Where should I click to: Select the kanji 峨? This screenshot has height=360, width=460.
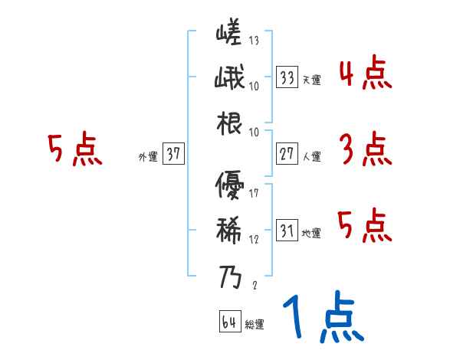click(x=229, y=78)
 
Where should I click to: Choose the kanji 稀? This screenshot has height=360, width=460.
click(x=229, y=229)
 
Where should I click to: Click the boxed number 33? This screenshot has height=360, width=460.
click(x=287, y=77)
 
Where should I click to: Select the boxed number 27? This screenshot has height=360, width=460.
click(x=287, y=154)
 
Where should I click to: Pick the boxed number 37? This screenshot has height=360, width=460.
click(x=173, y=154)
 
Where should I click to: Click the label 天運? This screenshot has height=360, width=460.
click(x=311, y=80)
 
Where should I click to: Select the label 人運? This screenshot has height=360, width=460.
click(x=311, y=156)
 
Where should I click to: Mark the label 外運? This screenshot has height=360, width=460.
click(x=147, y=156)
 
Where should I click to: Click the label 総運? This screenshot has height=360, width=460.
click(x=255, y=324)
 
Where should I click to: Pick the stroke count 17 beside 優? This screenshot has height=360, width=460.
click(x=254, y=192)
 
